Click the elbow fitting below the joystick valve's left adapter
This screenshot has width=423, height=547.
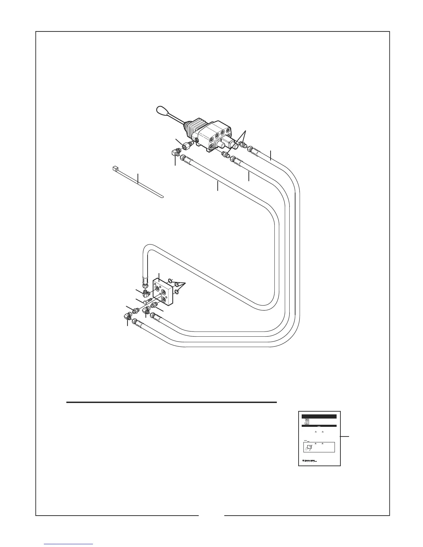(176, 153)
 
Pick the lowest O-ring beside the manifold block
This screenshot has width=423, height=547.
(176, 292)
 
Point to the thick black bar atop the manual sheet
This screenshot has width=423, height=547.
(319, 416)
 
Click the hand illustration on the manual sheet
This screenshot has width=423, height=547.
(308, 448)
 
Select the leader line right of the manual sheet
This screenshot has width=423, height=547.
(345, 437)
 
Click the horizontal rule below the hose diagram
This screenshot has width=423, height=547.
(171, 402)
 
